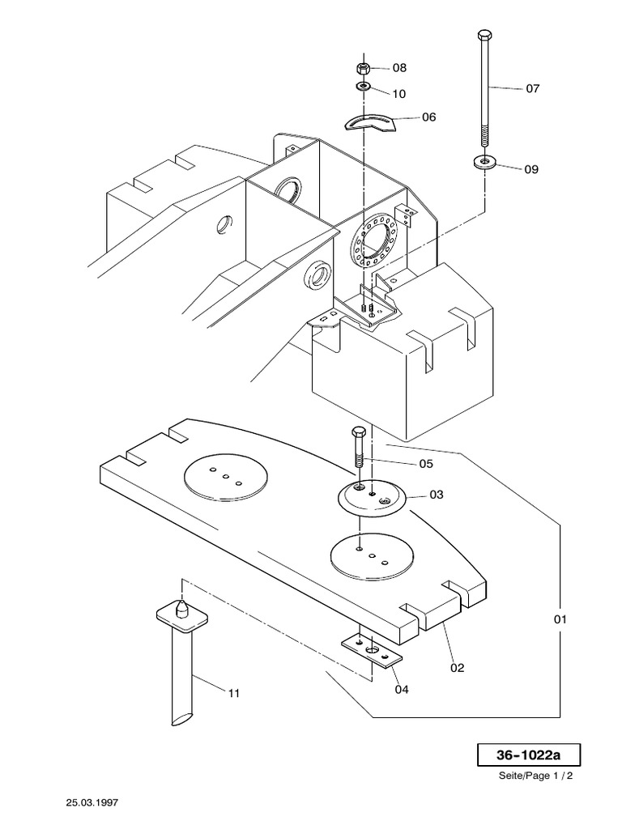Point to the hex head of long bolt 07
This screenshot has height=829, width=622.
484,36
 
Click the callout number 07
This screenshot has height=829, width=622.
532,89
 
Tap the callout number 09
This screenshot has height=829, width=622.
530,169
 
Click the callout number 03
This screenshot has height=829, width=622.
437,494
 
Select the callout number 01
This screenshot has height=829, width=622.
560,620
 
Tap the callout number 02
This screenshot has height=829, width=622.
457,668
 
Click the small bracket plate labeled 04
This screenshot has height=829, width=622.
372,650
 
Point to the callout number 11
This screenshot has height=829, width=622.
233,693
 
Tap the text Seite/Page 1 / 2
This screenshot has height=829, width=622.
536,776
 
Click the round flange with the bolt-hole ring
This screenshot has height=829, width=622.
373,240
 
